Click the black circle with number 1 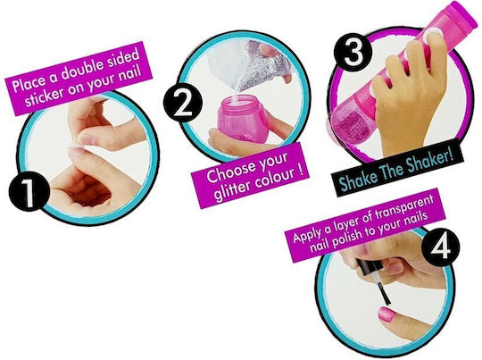[29, 191]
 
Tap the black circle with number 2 [183, 102]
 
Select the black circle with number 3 [353, 53]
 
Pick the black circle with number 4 [441, 247]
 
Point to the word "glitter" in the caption [232, 190]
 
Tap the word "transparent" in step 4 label [404, 208]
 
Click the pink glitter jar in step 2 [243, 118]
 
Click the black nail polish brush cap [370, 267]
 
